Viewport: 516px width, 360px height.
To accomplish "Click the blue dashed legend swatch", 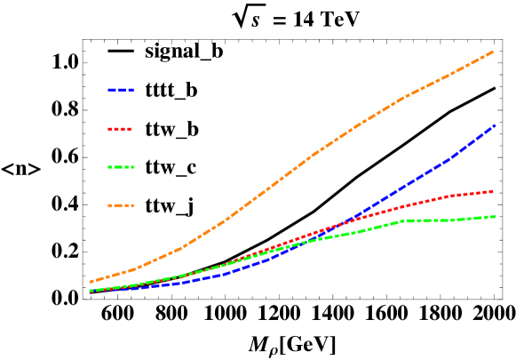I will [121, 90].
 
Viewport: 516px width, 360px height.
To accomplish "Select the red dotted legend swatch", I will [120, 129].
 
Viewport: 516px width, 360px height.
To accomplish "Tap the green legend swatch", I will [121, 167].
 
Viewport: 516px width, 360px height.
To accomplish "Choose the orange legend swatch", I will [121, 205].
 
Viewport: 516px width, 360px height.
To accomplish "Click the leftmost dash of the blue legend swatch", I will [111, 90].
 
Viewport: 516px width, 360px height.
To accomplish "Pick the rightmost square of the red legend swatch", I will [129, 129].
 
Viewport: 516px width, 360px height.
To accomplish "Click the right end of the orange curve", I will [493, 52].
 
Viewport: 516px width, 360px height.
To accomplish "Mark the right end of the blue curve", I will [494, 125].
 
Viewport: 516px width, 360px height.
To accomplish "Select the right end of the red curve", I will [493, 191].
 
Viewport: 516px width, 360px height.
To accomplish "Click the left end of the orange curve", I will [91, 282].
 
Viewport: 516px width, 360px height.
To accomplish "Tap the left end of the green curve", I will [91, 291].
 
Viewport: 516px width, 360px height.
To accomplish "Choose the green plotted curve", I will [426, 220].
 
